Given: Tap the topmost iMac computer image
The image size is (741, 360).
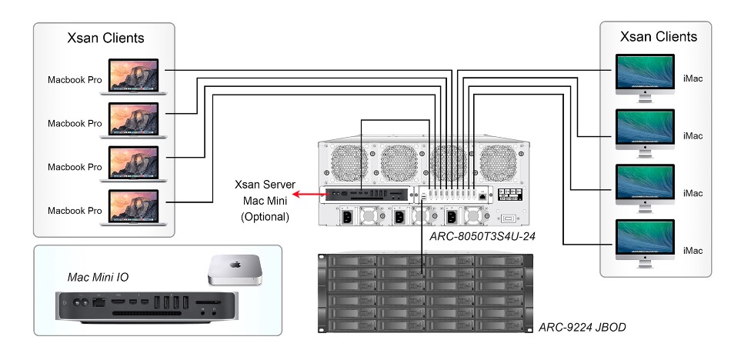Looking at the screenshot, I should click(645, 77).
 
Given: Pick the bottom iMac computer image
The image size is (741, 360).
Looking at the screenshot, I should click(645, 243).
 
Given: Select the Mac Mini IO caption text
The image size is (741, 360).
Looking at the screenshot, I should click(95, 276).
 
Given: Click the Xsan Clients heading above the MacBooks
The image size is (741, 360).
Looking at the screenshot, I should click(105, 38).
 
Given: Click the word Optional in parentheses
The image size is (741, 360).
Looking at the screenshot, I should click(265, 217).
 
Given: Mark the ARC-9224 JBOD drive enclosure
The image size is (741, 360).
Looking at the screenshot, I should click(422, 292).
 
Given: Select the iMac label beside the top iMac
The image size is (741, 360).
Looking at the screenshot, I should click(693, 78).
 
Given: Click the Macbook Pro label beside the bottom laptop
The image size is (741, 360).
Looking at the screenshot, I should click(75, 211).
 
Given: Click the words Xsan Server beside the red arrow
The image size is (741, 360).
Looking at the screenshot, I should click(265, 186).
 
